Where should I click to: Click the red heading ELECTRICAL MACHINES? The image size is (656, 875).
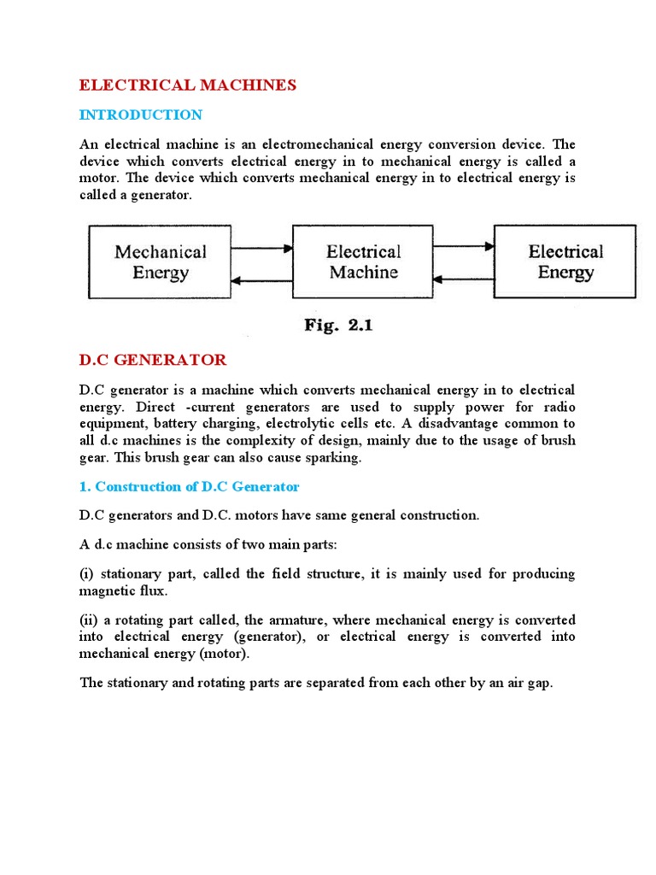(x=187, y=85)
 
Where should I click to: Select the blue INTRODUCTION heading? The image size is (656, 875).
(x=141, y=115)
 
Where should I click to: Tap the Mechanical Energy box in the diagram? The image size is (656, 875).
(x=161, y=261)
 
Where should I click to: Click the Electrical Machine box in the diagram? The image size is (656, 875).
(x=363, y=261)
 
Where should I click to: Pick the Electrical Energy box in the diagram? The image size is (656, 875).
(x=565, y=261)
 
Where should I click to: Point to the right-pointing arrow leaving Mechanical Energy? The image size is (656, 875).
(x=262, y=248)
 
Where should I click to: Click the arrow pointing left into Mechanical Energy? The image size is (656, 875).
(x=262, y=279)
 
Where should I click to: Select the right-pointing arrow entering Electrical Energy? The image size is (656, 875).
(x=464, y=247)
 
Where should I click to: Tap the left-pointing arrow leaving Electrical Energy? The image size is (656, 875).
(x=464, y=279)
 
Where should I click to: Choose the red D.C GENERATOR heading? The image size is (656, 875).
(x=153, y=360)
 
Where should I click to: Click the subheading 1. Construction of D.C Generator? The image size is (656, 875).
(x=190, y=486)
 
